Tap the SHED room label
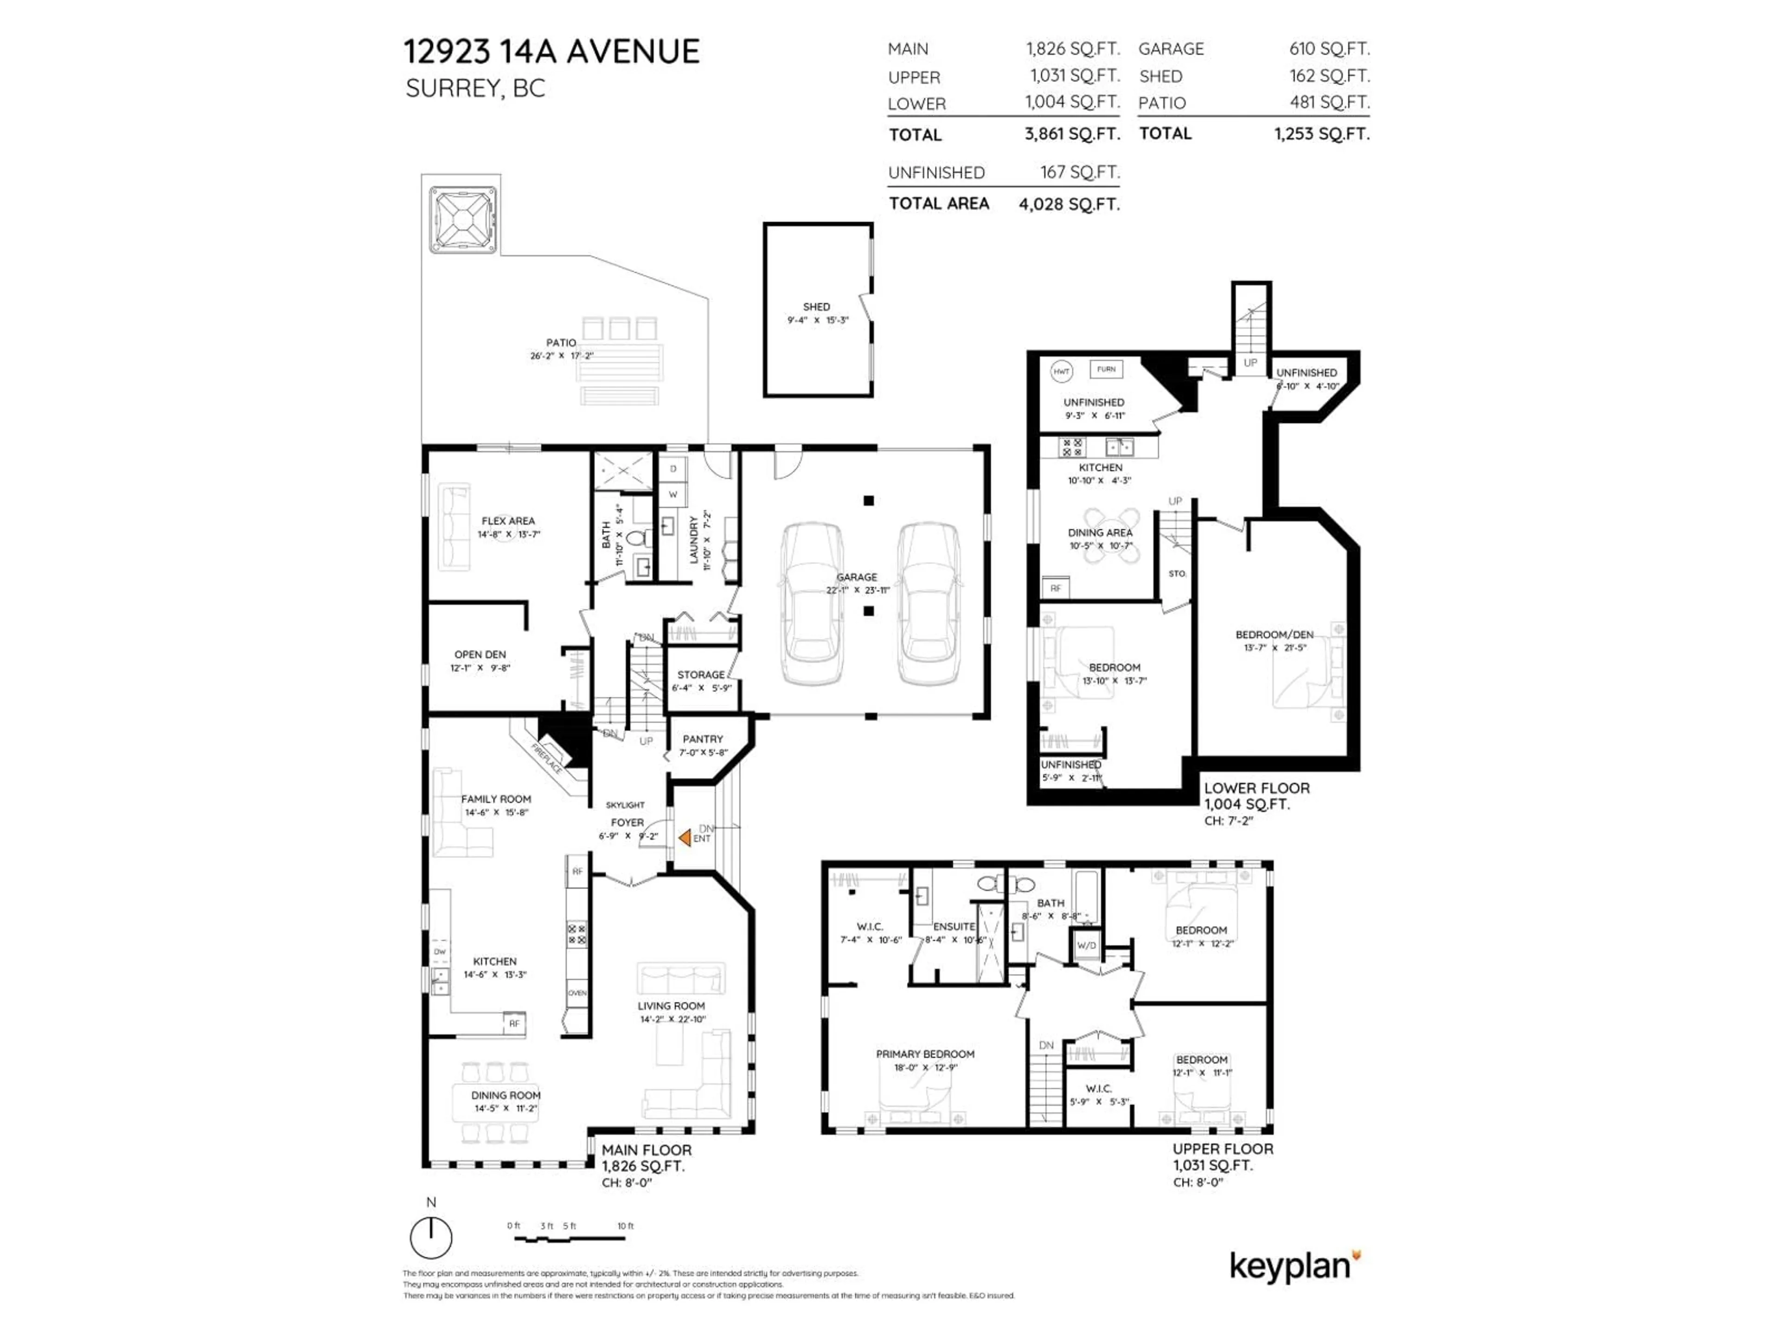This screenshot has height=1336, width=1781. [x=816, y=307]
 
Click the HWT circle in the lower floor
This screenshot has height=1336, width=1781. [x=1061, y=371]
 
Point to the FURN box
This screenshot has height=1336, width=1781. [x=1106, y=369]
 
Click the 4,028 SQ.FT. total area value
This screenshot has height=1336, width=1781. [x=1069, y=205]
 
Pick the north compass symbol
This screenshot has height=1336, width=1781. [x=431, y=1237]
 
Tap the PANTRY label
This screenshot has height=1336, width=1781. [x=702, y=739]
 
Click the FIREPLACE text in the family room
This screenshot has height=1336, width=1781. [x=547, y=758]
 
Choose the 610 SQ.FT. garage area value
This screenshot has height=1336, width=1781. [x=1328, y=49]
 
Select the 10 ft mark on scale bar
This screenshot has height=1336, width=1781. [x=626, y=1226]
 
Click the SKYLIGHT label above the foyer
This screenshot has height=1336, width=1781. [x=625, y=804]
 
